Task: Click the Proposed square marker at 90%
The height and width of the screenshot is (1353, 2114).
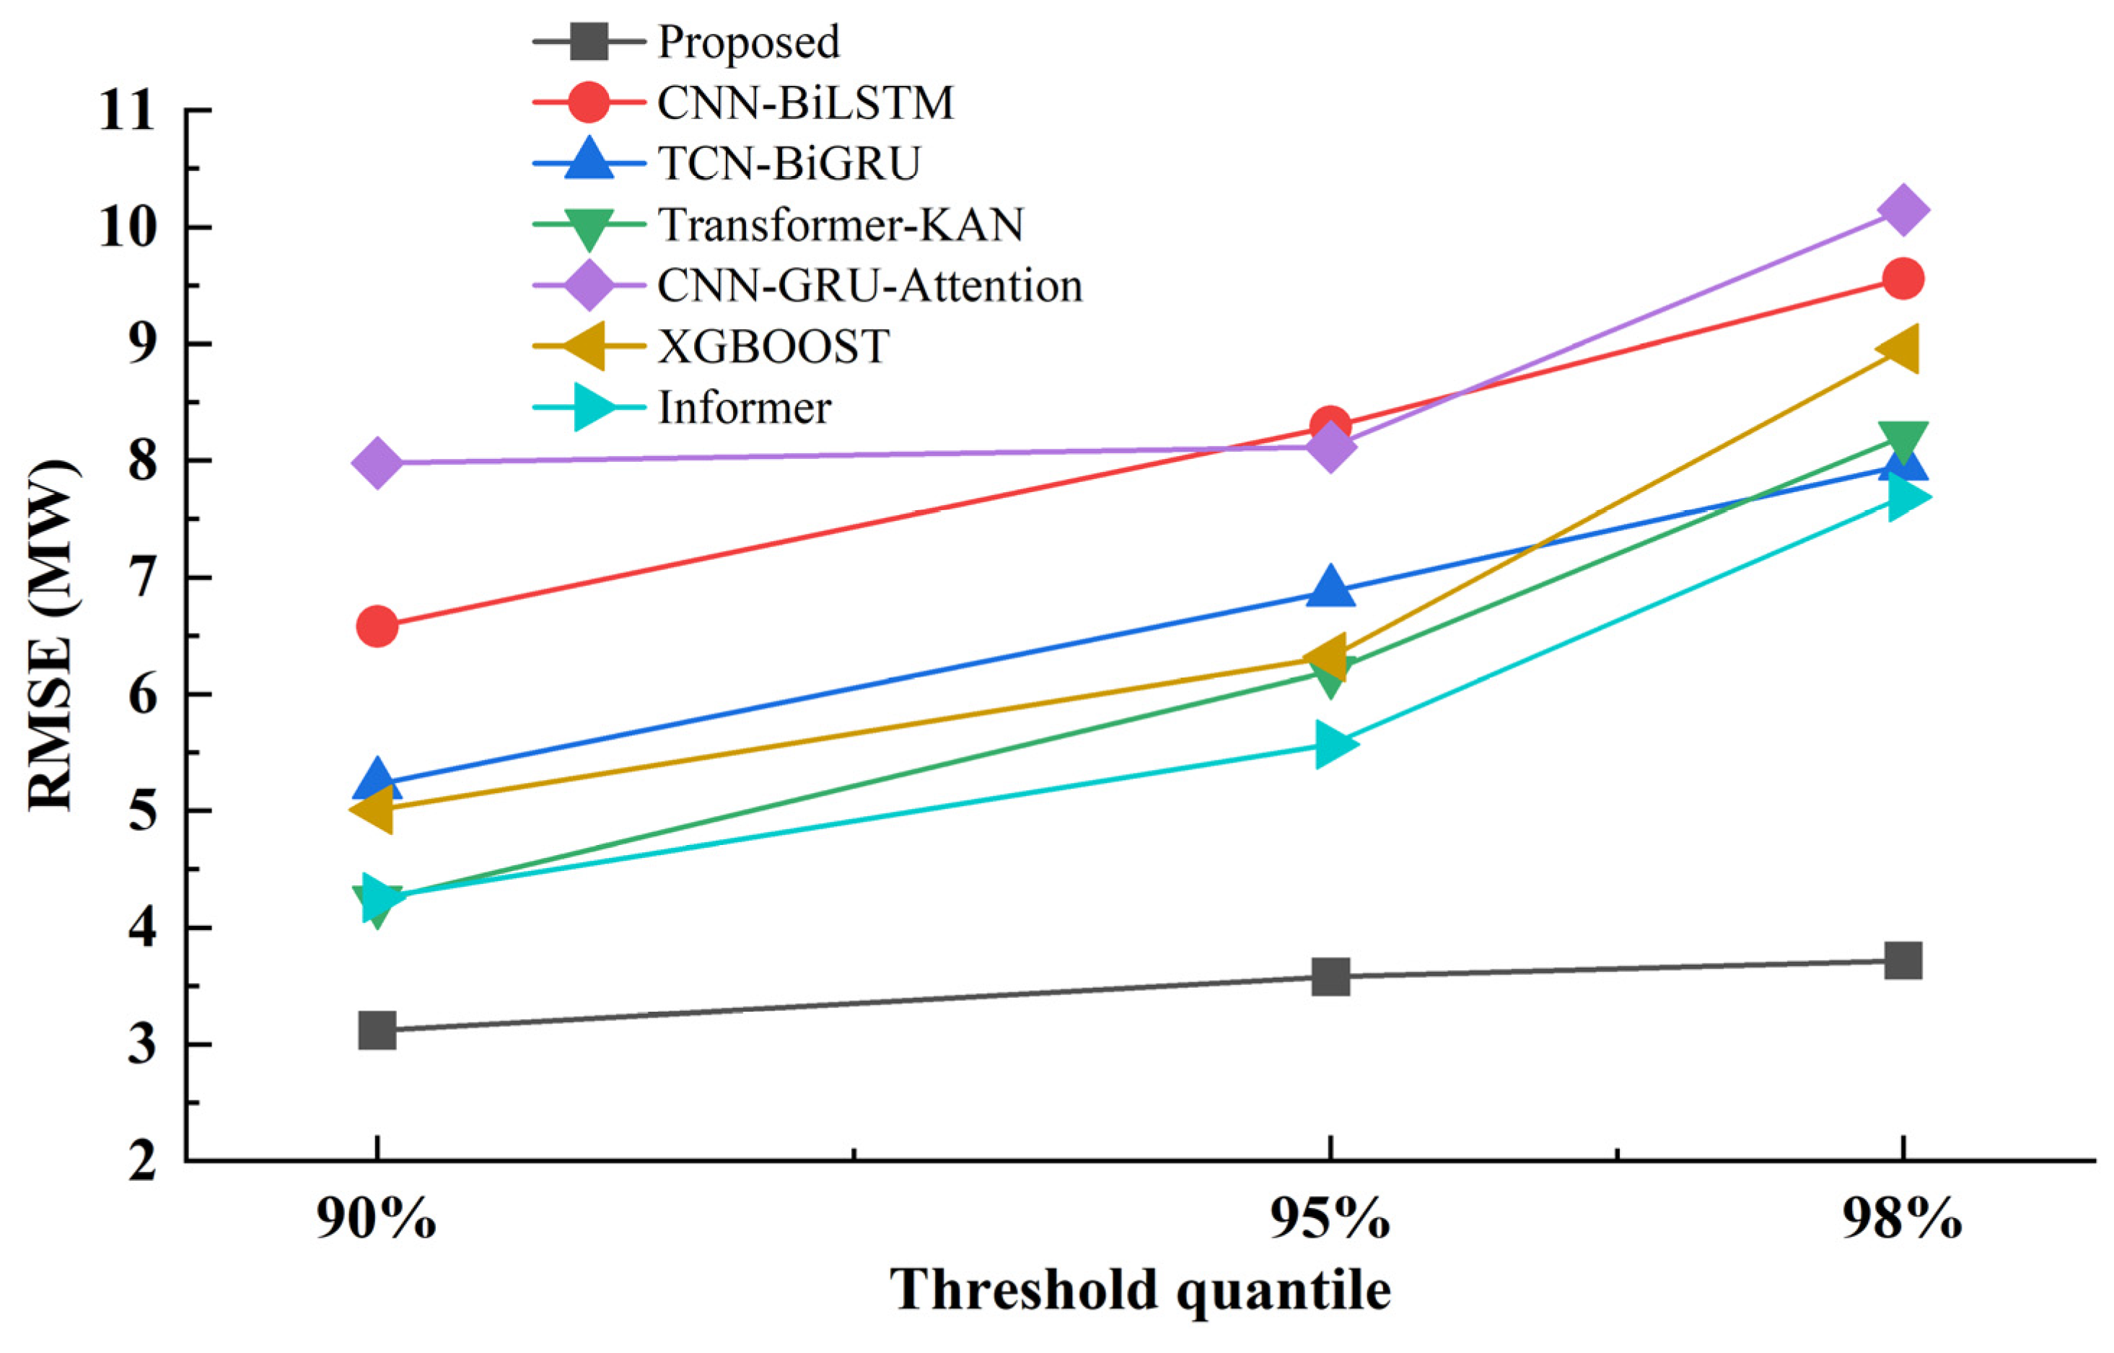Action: (377, 1030)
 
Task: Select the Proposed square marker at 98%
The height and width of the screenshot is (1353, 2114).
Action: (1903, 960)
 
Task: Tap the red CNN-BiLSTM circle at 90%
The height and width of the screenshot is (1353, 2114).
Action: (377, 626)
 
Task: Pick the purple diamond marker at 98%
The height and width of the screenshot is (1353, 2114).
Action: (1903, 210)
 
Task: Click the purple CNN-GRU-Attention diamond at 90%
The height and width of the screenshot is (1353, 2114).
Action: (377, 462)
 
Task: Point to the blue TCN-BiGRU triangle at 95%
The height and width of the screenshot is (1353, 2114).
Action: (1330, 586)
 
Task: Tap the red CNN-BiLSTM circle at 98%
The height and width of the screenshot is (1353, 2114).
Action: (1903, 279)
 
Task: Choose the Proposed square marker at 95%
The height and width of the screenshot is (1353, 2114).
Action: (1330, 976)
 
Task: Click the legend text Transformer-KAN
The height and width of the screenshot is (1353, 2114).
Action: (841, 225)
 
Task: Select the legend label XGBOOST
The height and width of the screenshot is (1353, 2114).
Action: (773, 347)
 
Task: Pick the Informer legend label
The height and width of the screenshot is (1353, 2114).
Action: (745, 408)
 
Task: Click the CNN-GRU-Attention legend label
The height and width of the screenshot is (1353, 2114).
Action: (869, 286)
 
